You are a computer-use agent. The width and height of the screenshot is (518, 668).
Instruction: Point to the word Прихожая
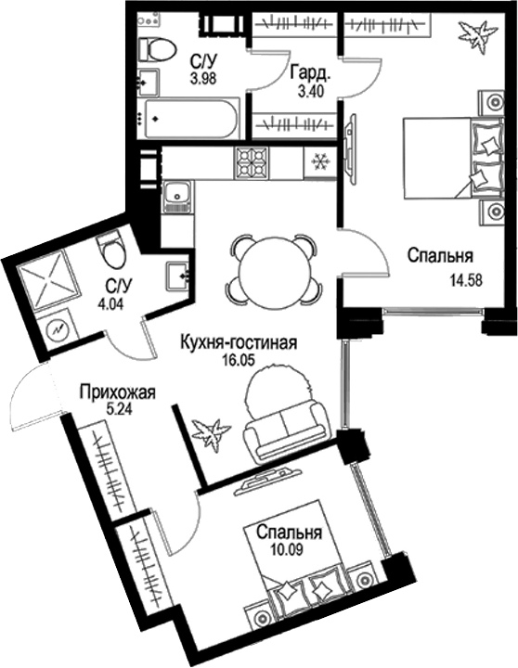point(116,393)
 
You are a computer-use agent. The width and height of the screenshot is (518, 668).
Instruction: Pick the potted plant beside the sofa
point(210,432)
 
